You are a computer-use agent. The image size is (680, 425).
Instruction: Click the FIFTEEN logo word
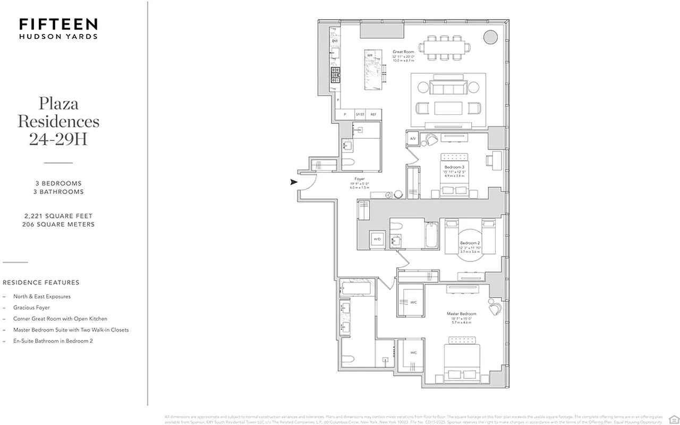(x=58, y=24)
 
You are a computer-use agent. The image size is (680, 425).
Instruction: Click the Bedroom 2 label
(x=470, y=243)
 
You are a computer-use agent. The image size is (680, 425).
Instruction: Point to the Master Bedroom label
(x=461, y=314)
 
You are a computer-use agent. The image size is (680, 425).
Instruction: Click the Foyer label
(x=360, y=179)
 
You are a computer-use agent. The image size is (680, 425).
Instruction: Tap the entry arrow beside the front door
(x=293, y=182)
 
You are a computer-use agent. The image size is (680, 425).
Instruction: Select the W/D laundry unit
(x=377, y=240)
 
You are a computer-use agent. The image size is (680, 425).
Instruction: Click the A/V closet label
(x=413, y=139)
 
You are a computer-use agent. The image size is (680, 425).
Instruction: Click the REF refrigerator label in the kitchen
(x=373, y=114)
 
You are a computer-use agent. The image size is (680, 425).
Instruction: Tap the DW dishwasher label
(x=335, y=41)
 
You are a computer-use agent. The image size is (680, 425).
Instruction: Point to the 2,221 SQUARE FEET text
(x=58, y=216)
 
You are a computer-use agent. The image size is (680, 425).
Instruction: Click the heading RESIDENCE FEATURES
(x=41, y=283)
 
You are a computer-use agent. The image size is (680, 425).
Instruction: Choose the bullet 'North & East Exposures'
(x=42, y=296)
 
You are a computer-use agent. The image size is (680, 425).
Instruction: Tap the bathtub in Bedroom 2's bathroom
(x=431, y=234)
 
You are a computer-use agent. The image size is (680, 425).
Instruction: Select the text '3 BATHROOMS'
(x=58, y=192)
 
